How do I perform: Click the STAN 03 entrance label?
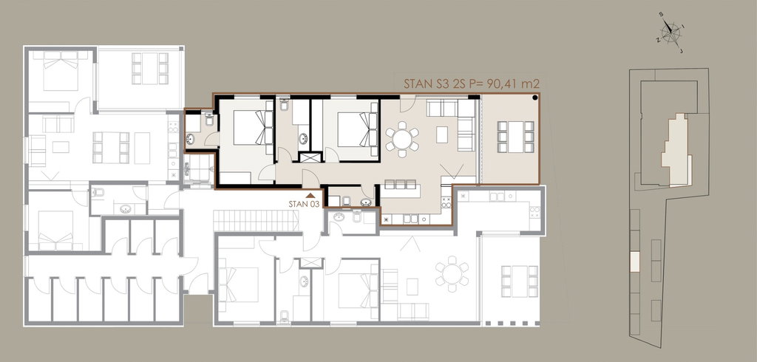tap(304, 204)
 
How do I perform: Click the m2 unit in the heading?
tap(530, 83)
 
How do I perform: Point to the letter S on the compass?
tap(661, 14)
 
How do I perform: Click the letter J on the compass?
tap(681, 51)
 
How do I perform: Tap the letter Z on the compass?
tap(658, 41)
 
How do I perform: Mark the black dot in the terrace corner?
tap(535, 98)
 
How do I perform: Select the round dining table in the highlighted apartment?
tap(401, 140)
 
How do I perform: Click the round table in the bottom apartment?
tap(452, 274)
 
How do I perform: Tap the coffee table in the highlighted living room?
tap(442, 134)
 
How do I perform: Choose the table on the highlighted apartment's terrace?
tap(516, 137)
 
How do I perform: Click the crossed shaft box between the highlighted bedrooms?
tap(310, 157)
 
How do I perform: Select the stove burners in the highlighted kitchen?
tap(446, 202)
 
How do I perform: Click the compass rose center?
tap(671, 33)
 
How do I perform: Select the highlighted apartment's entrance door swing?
tap(309, 178)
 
